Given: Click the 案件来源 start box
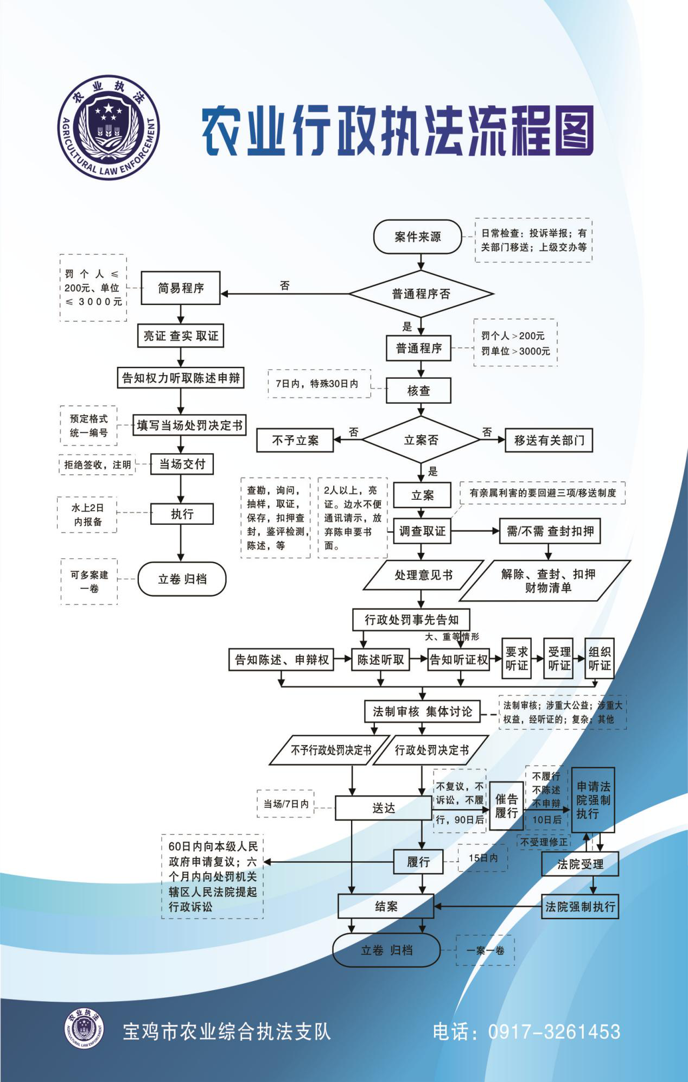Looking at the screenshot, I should [x=418, y=237].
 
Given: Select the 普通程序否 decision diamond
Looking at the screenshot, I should [x=421, y=294].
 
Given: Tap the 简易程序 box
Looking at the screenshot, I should [x=181, y=288].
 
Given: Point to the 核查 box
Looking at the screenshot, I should [x=418, y=391].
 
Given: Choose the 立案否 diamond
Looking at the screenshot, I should [x=421, y=440].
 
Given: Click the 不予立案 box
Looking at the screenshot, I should [x=295, y=441].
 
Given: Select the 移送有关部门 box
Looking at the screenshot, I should [x=549, y=441].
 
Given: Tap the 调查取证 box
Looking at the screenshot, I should [x=422, y=531].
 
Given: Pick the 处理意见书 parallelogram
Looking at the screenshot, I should [x=423, y=575].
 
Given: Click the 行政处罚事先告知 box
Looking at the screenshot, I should [x=411, y=620].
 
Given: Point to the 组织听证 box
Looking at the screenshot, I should [x=600, y=659].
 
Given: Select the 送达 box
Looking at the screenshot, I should [x=383, y=808].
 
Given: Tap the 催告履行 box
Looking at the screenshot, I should [x=506, y=806].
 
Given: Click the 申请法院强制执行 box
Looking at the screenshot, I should [x=593, y=800].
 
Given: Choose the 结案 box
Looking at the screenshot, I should [x=386, y=906].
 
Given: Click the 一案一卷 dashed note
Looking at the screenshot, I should [x=485, y=950].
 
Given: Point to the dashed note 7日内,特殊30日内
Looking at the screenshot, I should [x=318, y=384].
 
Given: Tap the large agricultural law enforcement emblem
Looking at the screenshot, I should [x=109, y=128].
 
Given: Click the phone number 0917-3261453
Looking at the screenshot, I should [x=554, y=1032].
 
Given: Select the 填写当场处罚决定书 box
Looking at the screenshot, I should [x=189, y=425].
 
